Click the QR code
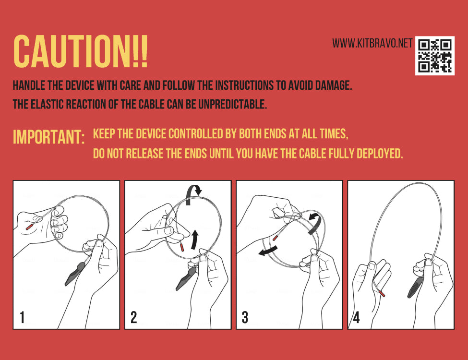point(435,56)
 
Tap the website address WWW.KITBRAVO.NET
point(372,43)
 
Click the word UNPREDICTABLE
point(232,104)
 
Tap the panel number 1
point(22,317)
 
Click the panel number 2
point(134,317)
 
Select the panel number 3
point(245,317)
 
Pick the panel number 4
point(356,317)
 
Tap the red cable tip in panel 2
point(182,247)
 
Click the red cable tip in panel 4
point(382,294)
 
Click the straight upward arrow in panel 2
point(194,240)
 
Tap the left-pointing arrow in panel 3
point(268,251)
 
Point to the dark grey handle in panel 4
point(415,287)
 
